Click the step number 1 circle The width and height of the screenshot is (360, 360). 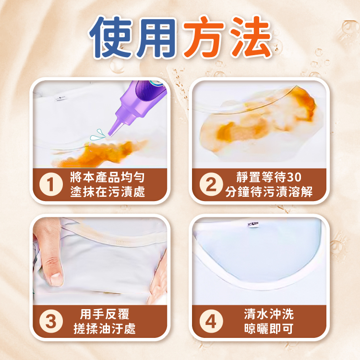[51, 184]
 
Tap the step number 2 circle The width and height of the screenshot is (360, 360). [211, 184]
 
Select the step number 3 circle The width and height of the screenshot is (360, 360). [51, 321]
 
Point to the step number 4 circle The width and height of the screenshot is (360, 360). [211, 321]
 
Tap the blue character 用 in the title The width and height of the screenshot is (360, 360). [156, 37]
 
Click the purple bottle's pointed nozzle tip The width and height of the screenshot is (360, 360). [110, 136]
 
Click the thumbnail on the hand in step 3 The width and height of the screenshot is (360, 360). [56, 278]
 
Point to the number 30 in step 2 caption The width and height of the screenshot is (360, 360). [294, 177]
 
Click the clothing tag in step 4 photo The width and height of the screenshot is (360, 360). [253, 224]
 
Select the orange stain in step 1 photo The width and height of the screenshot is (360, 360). [101, 154]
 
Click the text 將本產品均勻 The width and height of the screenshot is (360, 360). [108, 177]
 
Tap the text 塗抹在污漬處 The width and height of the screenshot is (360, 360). [108, 192]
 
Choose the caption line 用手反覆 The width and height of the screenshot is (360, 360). [105, 314]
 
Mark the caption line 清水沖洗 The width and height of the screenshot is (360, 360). [269, 314]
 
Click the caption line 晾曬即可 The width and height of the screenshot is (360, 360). [269, 329]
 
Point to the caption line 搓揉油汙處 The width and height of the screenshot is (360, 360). [105, 329]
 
